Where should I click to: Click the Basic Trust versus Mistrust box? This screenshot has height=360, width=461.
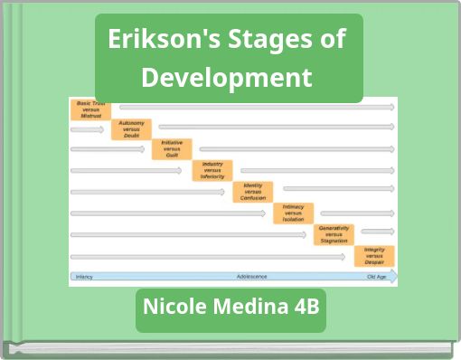click(x=90, y=110)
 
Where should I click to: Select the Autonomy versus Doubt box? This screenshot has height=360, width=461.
click(x=132, y=129)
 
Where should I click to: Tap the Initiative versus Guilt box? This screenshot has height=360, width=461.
click(x=172, y=149)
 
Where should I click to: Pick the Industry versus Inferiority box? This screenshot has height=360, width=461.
click(x=212, y=170)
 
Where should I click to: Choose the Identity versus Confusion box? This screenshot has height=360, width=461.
click(x=253, y=192)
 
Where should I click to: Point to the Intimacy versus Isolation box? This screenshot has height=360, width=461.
click(x=294, y=213)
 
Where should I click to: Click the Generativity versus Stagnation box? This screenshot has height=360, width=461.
click(x=334, y=234)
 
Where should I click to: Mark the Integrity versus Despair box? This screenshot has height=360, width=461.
click(x=374, y=255)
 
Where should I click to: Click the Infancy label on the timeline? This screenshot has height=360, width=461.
click(x=84, y=276)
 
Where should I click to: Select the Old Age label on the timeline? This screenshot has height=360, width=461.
click(x=377, y=276)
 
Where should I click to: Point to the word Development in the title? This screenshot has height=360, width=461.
click(x=227, y=77)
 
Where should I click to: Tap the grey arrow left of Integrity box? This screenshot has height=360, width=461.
click(x=208, y=256)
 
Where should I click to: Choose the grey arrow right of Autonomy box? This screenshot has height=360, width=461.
click(x=276, y=127)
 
